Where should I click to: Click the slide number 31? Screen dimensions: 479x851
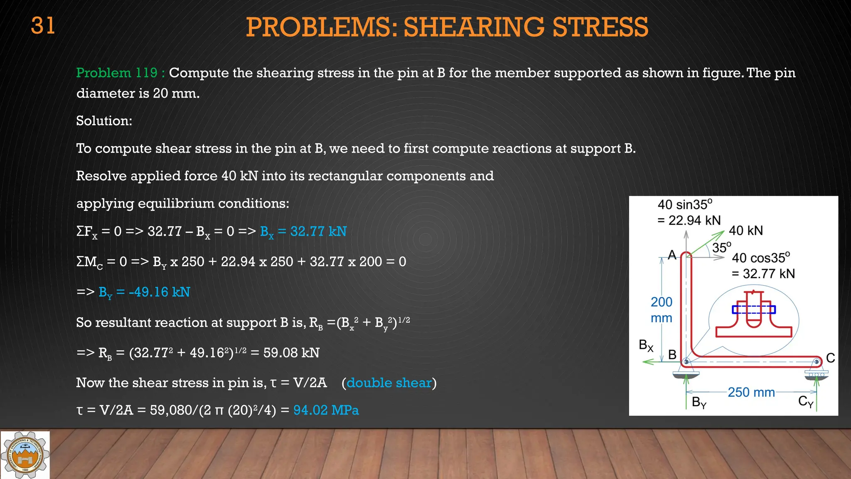(x=43, y=26)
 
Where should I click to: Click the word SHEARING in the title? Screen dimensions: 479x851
(x=473, y=27)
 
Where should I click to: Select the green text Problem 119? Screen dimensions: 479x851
(x=117, y=73)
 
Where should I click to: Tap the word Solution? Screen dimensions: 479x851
(x=104, y=121)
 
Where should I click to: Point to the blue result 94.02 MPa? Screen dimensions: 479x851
(x=326, y=410)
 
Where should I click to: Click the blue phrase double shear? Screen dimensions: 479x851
(x=389, y=383)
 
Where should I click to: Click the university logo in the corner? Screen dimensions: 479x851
(x=25, y=454)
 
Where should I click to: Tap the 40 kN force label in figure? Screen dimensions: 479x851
(x=746, y=231)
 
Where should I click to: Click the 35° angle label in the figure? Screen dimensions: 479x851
(x=722, y=248)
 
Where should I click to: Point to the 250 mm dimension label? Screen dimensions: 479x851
(x=751, y=393)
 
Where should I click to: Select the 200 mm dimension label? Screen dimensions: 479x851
(x=661, y=310)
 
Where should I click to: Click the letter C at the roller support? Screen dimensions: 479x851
(x=830, y=358)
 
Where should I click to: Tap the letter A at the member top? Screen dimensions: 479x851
(x=672, y=255)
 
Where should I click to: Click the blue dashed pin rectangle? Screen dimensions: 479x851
(x=753, y=310)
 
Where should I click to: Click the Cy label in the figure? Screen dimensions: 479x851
(x=806, y=402)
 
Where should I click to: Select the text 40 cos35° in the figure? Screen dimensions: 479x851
(x=761, y=258)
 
